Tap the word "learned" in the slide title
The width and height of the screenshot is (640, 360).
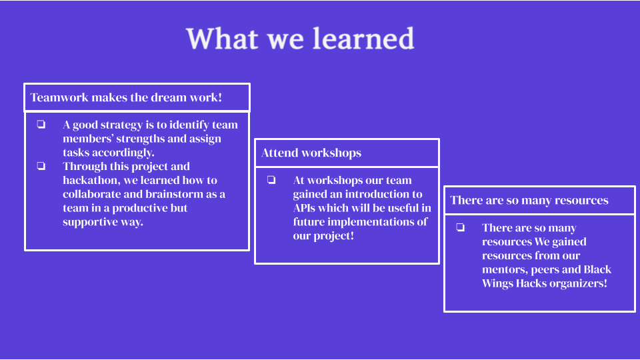(x=364, y=39)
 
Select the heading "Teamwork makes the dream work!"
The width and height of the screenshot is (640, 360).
(x=126, y=97)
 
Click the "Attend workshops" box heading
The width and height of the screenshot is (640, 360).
(x=311, y=153)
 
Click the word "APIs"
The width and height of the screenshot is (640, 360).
(x=304, y=208)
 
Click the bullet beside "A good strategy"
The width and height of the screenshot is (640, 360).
(x=41, y=124)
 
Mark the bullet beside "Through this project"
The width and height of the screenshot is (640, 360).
(x=41, y=166)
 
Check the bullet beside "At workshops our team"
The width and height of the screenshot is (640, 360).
(x=271, y=179)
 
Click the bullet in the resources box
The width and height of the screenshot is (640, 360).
(x=461, y=227)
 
